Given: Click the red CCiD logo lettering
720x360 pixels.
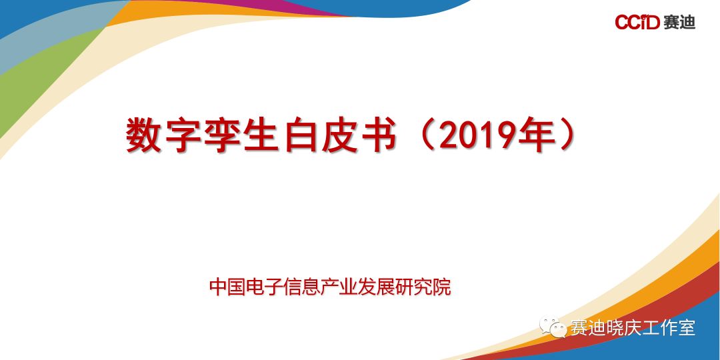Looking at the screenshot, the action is [x=637, y=21].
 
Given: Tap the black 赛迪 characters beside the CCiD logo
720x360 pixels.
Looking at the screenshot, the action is [x=679, y=21].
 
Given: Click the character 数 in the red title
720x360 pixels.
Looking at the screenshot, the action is [x=143, y=135].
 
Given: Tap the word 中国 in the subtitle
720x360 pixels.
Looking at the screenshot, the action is [x=227, y=287].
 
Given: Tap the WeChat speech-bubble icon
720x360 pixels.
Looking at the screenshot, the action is [x=553, y=327].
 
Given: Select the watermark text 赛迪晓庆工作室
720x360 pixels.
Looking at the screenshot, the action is [x=633, y=327].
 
